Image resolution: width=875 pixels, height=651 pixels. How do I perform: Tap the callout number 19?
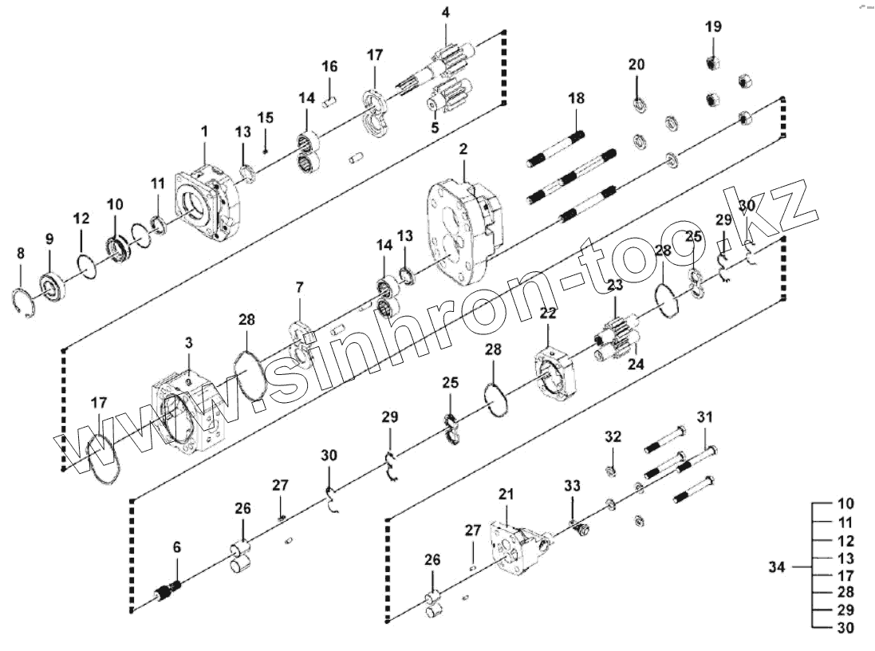click(x=713, y=26)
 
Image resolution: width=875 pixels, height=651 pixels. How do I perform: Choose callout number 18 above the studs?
click(x=577, y=98)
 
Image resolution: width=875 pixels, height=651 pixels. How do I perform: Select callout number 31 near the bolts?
click(x=705, y=416)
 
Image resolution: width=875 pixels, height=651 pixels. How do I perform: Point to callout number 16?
click(x=329, y=66)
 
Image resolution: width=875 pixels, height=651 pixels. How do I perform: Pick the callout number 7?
click(x=300, y=286)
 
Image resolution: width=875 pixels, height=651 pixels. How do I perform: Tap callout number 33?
click(x=573, y=485)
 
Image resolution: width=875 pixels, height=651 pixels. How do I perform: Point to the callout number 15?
click(x=265, y=117)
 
